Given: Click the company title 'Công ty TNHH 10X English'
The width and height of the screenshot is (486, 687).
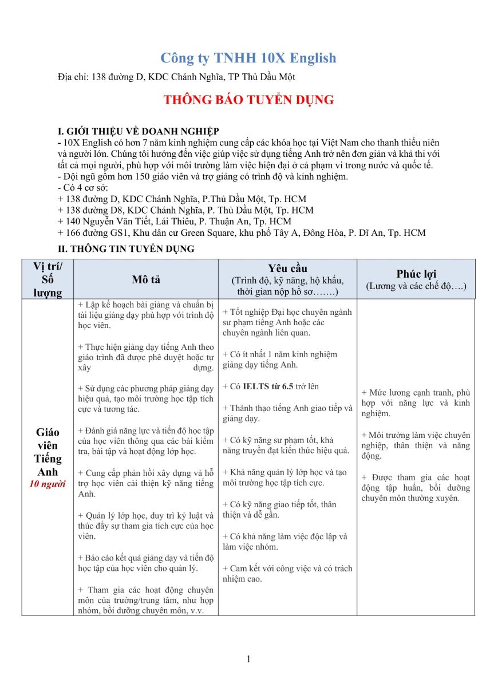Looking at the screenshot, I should coord(248,58).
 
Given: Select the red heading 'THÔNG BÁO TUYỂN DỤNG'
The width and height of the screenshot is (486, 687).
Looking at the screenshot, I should coord(248,100).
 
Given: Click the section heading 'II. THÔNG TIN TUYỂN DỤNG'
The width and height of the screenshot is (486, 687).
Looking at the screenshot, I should coord(126,249).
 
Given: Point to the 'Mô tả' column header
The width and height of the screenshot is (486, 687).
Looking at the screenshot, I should coord(145,279).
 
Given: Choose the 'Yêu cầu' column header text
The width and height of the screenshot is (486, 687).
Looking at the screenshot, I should coord(287,269).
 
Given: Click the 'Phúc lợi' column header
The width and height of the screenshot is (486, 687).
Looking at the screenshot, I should coord(416,274).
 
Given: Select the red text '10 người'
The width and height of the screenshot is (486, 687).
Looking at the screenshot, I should coord(48,484).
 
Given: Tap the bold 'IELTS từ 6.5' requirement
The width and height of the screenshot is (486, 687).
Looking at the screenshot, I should coord(268,386).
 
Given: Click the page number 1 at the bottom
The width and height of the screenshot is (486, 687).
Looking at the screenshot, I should coord(248,659).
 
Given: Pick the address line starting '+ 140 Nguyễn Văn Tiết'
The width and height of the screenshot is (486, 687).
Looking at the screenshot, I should coord(175,221).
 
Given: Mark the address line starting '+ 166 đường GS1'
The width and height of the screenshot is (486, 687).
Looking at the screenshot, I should coord(242,232).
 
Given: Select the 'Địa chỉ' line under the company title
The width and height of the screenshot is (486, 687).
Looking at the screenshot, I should coord(176,77).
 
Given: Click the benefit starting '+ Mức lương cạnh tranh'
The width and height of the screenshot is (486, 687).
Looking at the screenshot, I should coord(416,403).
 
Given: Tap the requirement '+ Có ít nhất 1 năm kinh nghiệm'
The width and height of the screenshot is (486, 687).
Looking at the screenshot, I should coord(280,360).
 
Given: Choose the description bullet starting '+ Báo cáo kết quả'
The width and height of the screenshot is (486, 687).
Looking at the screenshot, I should coord(145,563).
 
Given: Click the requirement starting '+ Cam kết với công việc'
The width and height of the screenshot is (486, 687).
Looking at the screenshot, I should coord(287,574).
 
